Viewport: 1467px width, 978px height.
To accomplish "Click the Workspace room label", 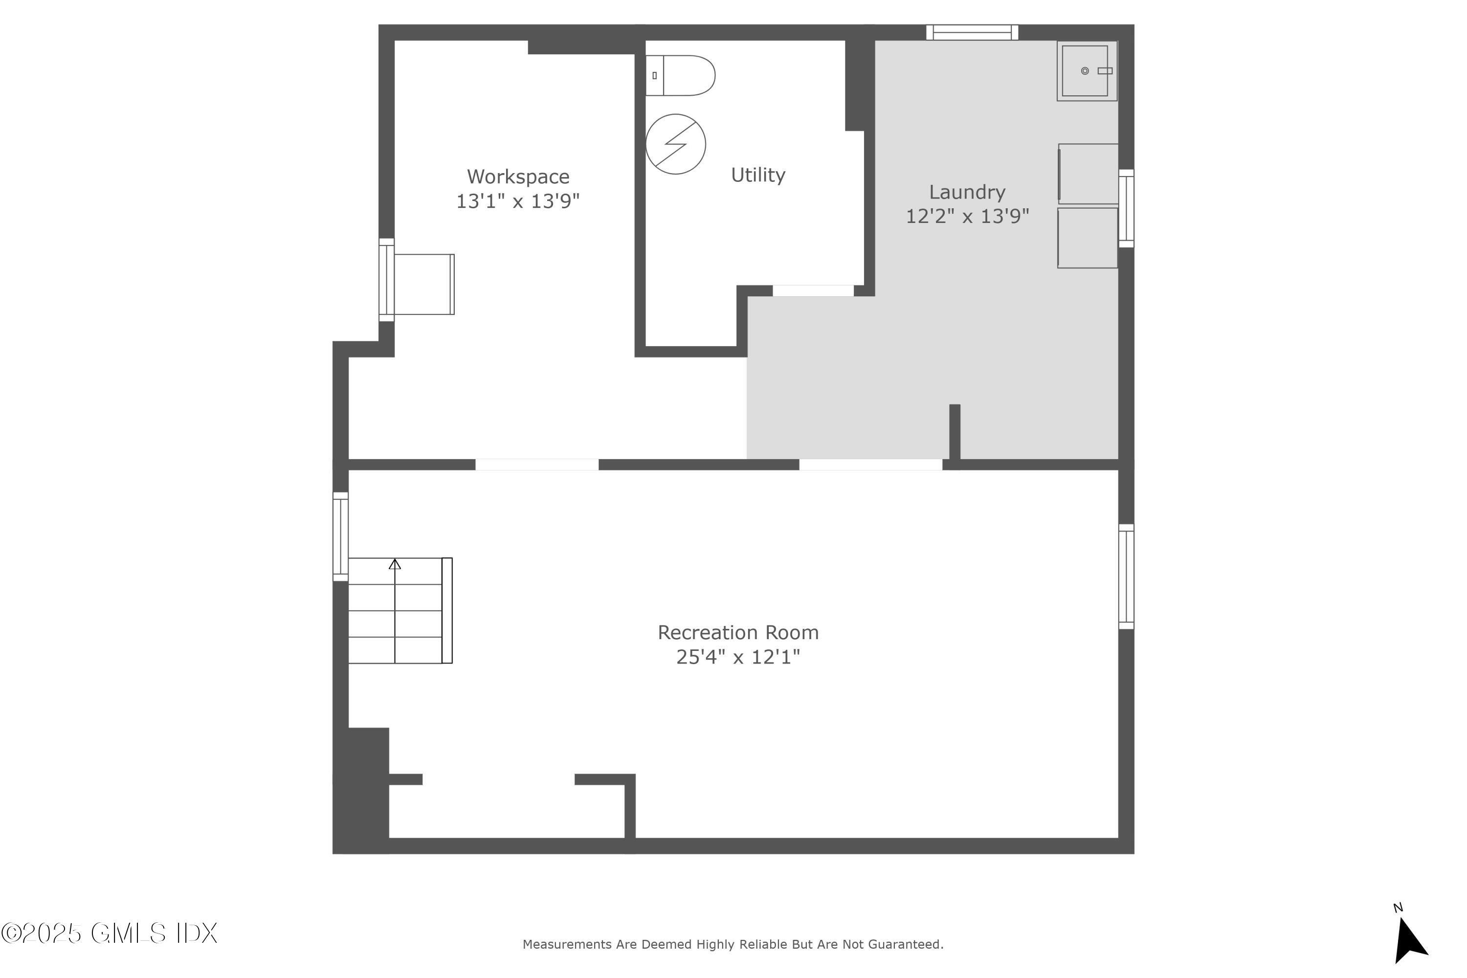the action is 518,177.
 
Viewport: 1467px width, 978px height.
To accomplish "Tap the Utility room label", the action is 758,175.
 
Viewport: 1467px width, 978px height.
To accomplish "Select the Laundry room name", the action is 967,192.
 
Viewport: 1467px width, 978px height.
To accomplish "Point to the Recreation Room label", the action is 738,632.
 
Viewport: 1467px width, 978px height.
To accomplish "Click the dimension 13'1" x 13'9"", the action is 518,201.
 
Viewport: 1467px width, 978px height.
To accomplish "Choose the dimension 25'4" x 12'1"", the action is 738,657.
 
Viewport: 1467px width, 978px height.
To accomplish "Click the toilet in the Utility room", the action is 680,75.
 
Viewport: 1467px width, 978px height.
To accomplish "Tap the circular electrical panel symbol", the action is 675,144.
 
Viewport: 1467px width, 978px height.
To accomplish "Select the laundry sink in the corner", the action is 1087,71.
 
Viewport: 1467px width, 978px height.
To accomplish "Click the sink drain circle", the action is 1085,71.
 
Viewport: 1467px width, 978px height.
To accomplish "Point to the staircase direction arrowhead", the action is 395,564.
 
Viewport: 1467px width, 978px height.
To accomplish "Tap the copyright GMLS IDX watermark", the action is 109,934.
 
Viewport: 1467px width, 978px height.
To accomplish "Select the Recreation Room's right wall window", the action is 1126,577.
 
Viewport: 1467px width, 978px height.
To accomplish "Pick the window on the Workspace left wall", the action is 387,280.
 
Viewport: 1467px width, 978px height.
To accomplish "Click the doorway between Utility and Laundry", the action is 813,290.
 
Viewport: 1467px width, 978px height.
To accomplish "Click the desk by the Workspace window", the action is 424,285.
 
